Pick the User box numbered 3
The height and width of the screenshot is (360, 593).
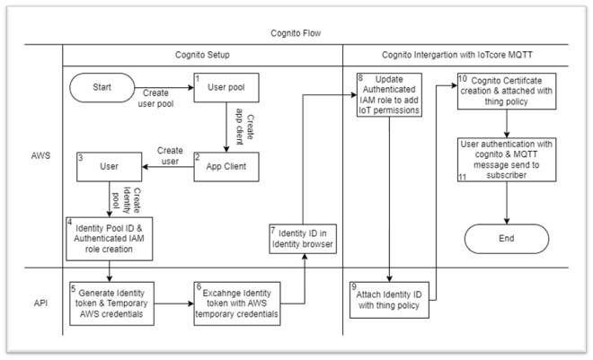[110, 165]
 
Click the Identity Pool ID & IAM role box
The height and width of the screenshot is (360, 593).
[110, 236]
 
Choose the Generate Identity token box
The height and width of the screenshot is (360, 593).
[110, 303]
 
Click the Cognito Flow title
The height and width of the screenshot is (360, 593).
[296, 33]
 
